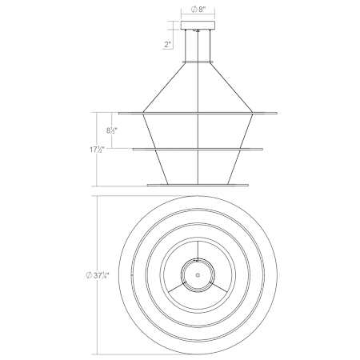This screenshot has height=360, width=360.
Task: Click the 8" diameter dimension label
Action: coord(198,10)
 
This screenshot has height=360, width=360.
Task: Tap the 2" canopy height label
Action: coord(167,44)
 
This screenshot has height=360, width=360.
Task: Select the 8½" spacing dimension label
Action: coord(112,130)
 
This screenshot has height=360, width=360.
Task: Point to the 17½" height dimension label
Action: coord(97,150)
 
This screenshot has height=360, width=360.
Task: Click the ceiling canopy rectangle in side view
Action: coord(198,25)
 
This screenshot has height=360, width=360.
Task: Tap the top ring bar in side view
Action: coord(198,114)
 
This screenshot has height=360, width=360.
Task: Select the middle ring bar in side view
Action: coord(198,150)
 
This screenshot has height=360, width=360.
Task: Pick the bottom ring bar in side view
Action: coord(198,185)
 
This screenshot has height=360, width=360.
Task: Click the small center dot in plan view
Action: coord(198,275)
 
